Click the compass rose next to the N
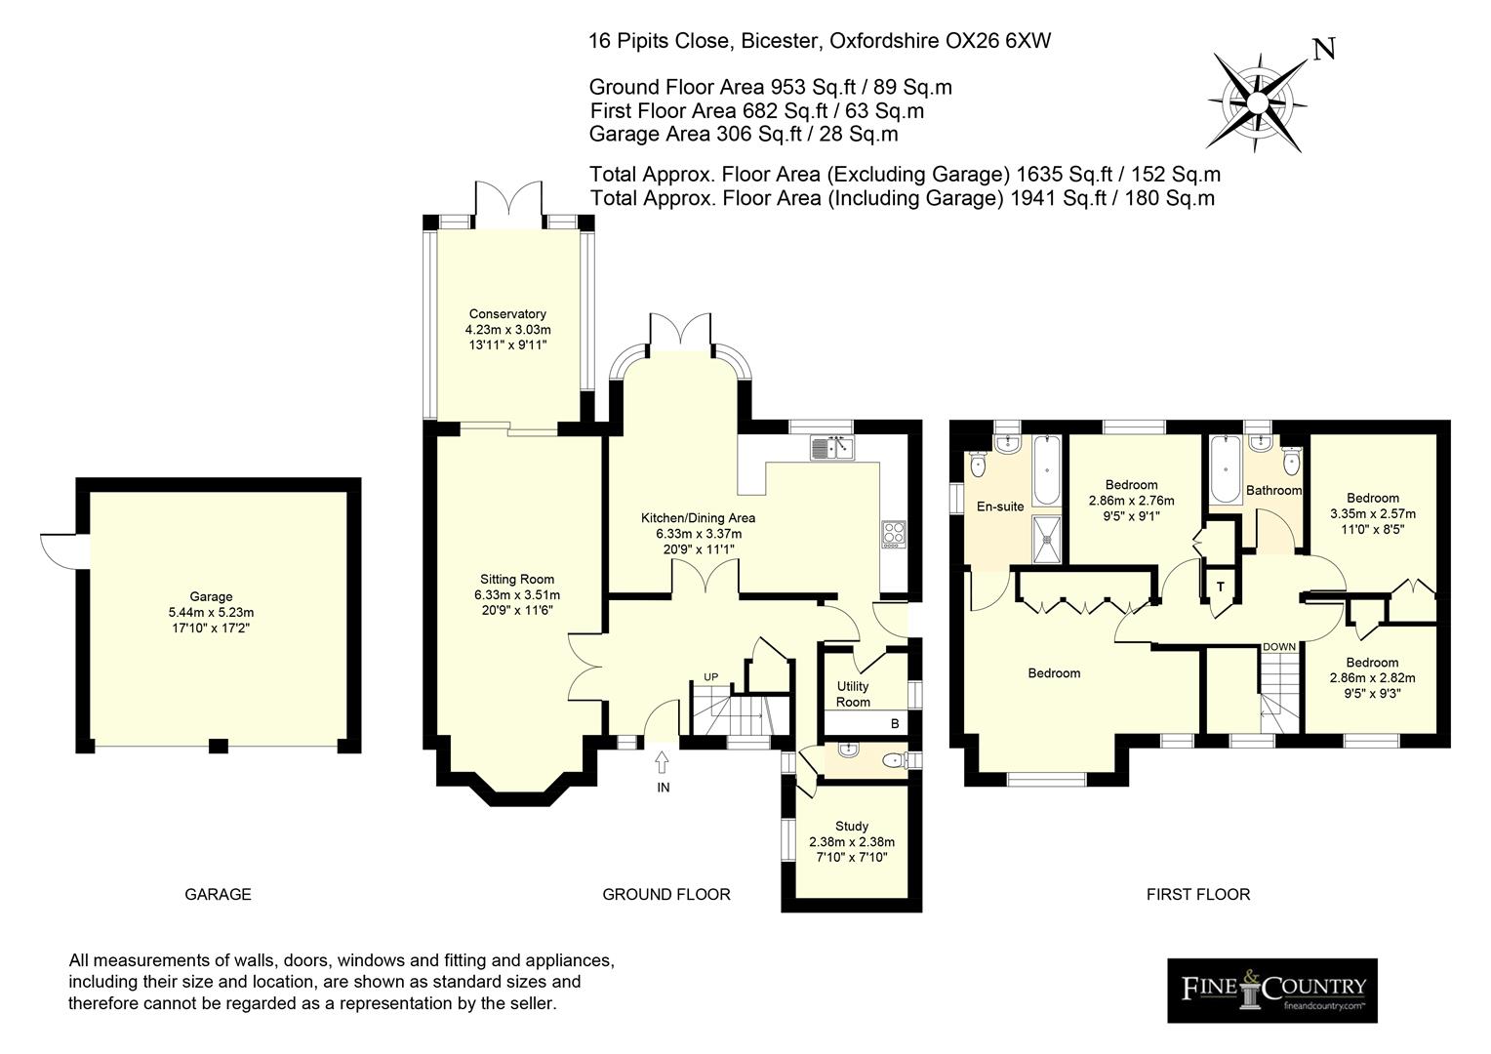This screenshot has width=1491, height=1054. pyautogui.click(x=1257, y=102)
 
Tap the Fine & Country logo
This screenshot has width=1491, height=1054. pyautogui.click(x=1272, y=991)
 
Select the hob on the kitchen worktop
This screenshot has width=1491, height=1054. pyautogui.click(x=894, y=534)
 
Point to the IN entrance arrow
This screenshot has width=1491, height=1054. pyautogui.click(x=662, y=762)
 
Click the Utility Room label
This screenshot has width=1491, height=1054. pyautogui.click(x=853, y=694)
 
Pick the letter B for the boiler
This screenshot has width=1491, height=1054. pyautogui.click(x=895, y=724)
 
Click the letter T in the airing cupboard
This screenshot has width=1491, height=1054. pyautogui.click(x=1220, y=587)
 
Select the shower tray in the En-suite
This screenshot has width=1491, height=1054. pyautogui.click(x=1046, y=539)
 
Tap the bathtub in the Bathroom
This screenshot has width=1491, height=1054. pyautogui.click(x=1226, y=468)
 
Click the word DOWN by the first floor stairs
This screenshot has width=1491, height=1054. pyautogui.click(x=1278, y=646)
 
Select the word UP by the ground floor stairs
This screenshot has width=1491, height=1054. pyautogui.click(x=711, y=677)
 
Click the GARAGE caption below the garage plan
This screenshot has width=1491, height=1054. pyautogui.click(x=218, y=894)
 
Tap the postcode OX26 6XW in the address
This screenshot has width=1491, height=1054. pyautogui.click(x=998, y=41)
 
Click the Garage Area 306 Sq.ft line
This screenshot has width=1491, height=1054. pyautogui.click(x=744, y=134)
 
